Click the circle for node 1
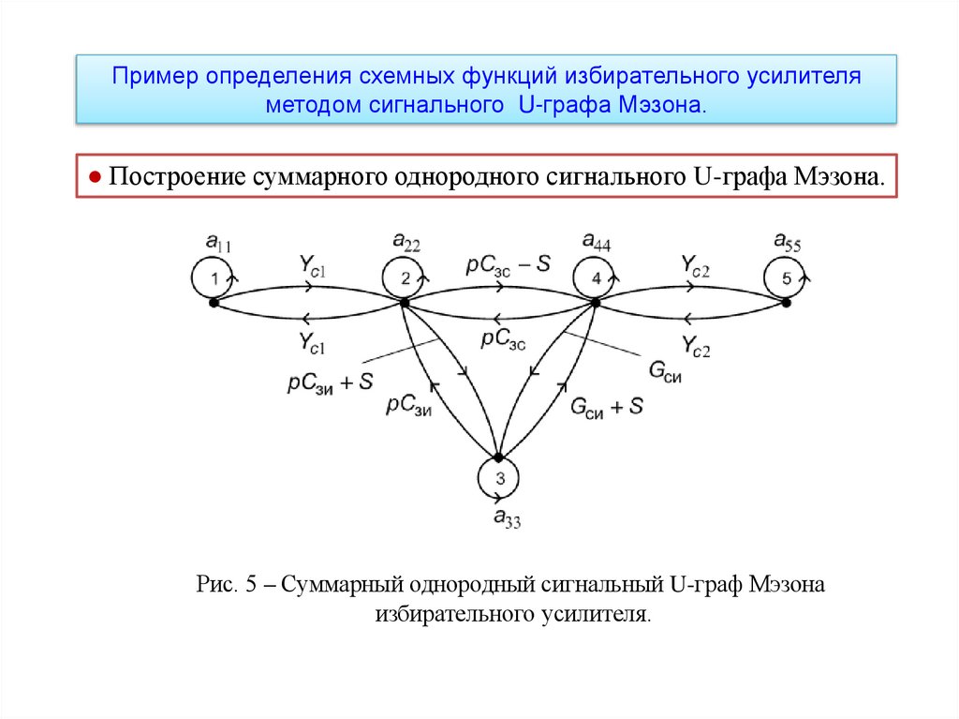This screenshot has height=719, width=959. click(214, 278)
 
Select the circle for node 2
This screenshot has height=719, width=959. click(405, 278)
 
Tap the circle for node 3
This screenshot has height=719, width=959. click(499, 480)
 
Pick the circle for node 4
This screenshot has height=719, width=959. click(596, 278)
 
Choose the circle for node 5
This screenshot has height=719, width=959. click(786, 278)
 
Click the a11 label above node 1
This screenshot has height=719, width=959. click(218, 245)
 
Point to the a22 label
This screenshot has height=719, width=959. click(407, 243)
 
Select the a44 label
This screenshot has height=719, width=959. click(597, 243)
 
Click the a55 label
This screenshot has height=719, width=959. click(787, 243)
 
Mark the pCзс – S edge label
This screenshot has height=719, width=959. click(509, 265)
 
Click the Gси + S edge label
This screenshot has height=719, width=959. click(607, 406)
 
